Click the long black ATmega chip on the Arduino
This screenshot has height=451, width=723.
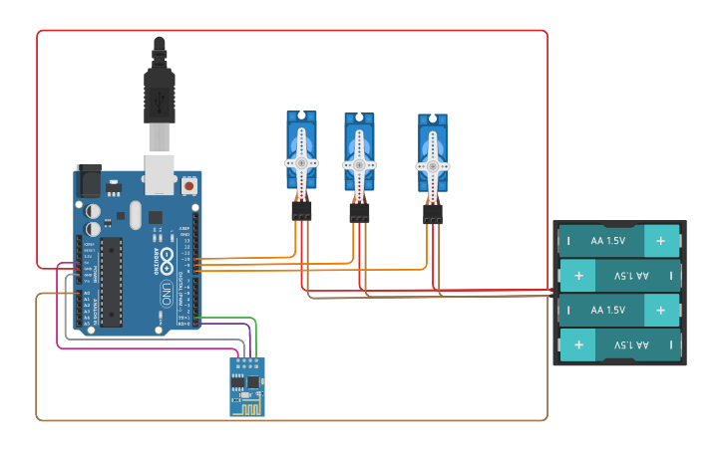(111, 281)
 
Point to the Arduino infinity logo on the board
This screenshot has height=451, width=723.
(169, 261)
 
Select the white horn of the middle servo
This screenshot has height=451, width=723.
(359, 163)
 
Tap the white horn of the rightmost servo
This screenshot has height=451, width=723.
(433, 165)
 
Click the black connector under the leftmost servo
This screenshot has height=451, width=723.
(301, 211)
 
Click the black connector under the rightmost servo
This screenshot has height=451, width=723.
(433, 214)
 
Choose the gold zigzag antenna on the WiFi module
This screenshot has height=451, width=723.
(248, 405)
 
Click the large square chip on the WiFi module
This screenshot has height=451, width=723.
(252, 381)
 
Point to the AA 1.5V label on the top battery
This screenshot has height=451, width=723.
(607, 241)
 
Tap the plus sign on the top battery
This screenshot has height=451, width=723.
(660, 241)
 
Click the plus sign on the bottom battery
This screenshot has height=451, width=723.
(578, 345)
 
